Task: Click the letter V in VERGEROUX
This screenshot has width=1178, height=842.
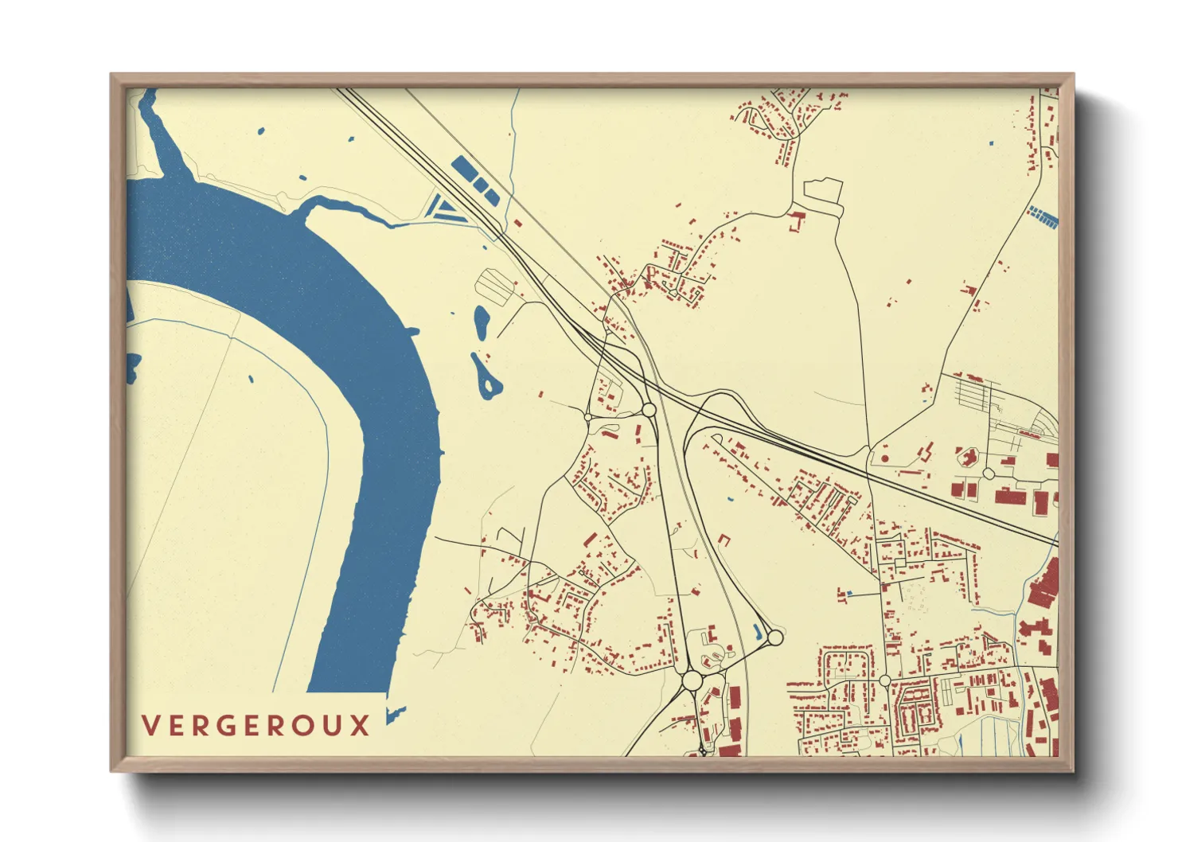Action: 150,726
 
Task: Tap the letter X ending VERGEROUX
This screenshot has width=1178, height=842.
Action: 361,726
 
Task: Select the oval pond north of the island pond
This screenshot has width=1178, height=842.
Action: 482,320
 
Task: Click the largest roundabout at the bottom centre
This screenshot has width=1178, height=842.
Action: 692,680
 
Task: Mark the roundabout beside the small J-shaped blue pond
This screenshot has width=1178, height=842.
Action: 774,637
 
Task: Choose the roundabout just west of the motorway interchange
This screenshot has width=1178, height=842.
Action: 649,410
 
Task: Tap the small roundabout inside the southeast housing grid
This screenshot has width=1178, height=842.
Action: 884,680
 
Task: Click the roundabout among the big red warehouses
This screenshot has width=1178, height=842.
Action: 988,474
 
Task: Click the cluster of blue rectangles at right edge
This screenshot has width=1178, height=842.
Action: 1043,216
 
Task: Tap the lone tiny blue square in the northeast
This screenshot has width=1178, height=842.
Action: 991,143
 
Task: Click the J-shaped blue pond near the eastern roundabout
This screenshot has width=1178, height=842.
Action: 757,633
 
